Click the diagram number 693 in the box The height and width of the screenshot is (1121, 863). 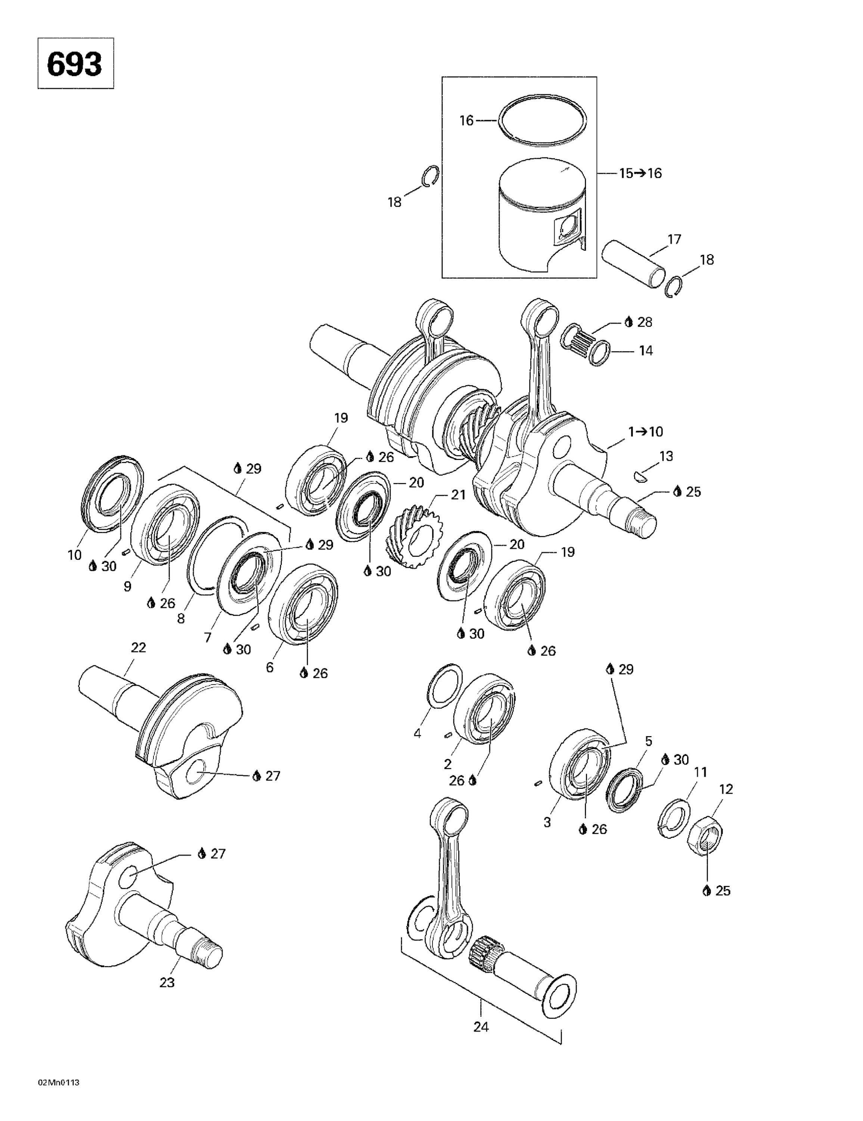click(75, 64)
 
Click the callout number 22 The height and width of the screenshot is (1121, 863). click(139, 648)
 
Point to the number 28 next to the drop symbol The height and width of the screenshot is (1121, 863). click(645, 322)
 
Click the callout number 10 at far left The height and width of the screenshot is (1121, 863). click(74, 555)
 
